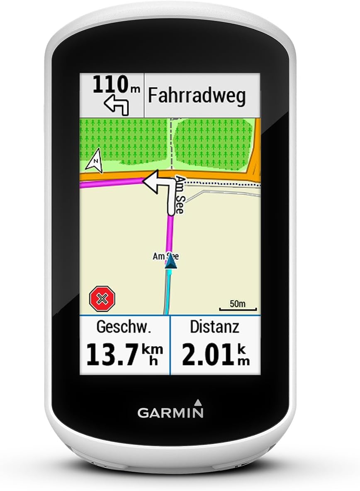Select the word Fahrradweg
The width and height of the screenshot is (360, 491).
point(197,95)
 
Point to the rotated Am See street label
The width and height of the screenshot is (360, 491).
point(179,194)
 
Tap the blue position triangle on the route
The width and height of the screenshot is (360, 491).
point(171,263)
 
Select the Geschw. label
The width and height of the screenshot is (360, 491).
point(122,327)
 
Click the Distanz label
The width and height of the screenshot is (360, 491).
point(214,327)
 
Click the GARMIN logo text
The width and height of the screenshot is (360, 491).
point(170,413)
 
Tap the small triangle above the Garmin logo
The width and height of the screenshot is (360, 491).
point(197,401)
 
